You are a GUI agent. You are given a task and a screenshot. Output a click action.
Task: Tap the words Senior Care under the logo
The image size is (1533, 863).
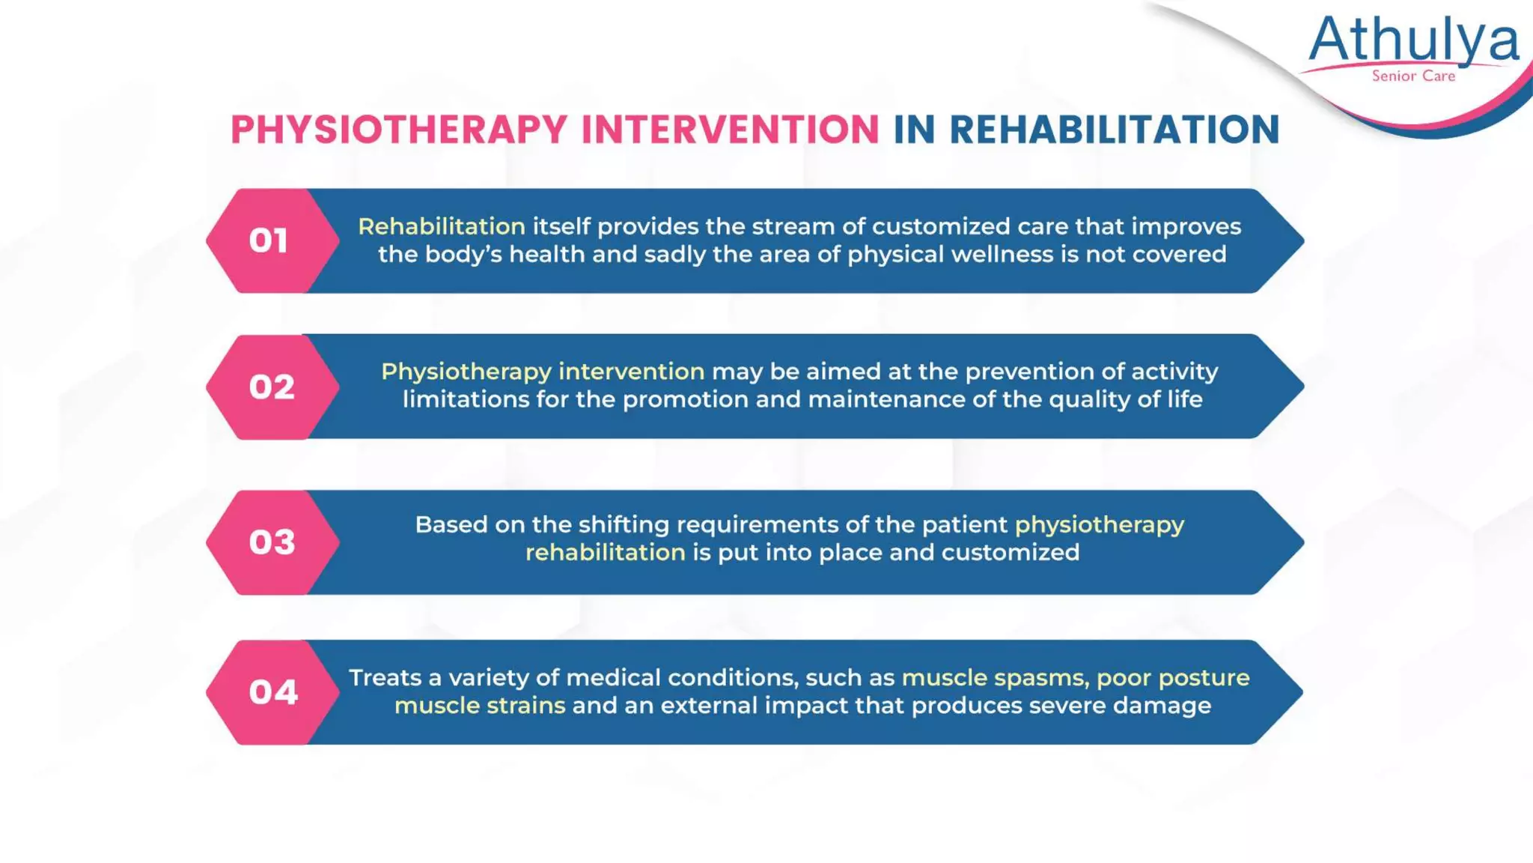(1413, 76)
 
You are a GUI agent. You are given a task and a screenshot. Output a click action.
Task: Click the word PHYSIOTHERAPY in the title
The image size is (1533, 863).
(399, 130)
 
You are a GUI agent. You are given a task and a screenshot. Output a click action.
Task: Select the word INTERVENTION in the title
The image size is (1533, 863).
(730, 130)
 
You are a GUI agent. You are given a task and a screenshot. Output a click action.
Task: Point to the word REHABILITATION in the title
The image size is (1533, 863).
(1114, 130)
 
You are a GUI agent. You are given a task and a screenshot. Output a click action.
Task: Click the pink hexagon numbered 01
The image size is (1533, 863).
(269, 240)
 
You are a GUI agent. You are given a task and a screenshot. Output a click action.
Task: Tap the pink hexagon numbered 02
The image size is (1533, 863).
(272, 387)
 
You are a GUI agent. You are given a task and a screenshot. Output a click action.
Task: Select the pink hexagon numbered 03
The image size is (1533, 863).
(272, 542)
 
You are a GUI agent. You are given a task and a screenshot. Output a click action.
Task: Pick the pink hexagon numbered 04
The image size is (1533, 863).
(272, 692)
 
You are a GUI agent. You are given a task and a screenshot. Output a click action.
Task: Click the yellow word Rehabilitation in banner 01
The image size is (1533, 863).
(442, 226)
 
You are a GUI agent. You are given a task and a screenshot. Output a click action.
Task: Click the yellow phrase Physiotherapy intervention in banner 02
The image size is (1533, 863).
(543, 372)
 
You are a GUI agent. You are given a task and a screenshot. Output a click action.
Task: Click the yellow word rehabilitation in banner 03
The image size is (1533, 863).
(605, 553)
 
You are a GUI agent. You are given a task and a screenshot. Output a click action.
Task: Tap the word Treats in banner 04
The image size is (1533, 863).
(385, 678)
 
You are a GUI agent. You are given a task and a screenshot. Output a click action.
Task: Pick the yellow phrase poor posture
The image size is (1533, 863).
(1173, 678)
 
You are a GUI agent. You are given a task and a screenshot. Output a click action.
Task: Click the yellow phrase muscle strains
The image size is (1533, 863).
(480, 706)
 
